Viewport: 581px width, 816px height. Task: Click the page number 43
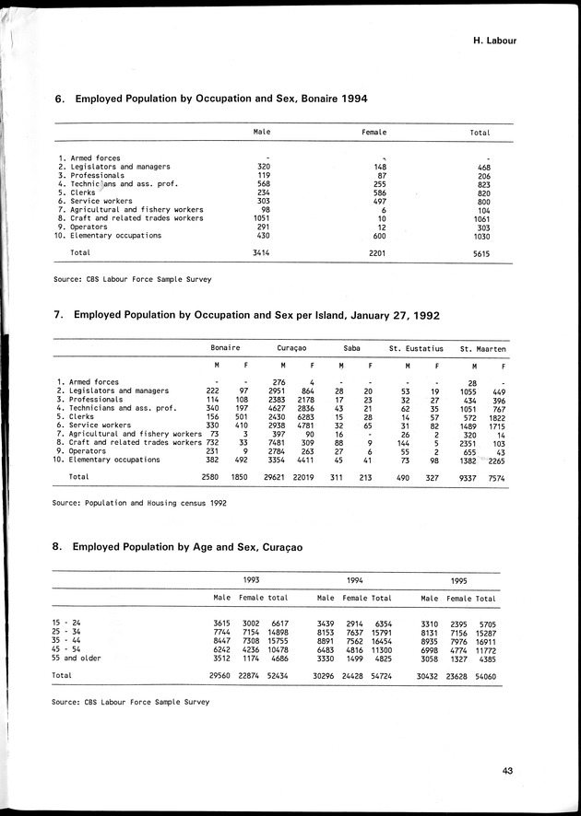tap(508, 772)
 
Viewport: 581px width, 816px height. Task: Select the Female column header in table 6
tap(373, 133)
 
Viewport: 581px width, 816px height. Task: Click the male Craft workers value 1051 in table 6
tap(262, 218)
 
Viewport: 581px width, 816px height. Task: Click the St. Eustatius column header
tap(416, 349)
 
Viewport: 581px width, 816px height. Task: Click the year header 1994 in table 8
tap(354, 581)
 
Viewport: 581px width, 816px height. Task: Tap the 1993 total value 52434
tap(278, 676)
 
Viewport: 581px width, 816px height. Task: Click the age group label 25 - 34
tap(67, 633)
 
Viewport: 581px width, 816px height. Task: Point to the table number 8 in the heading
tap(57, 546)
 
